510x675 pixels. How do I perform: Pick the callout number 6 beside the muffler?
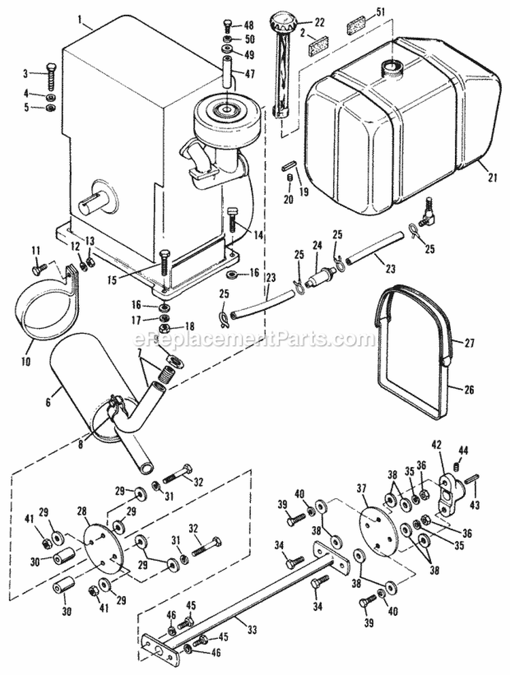[48, 402]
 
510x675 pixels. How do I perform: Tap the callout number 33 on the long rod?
[252, 629]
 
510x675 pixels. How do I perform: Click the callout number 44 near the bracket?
[464, 449]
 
